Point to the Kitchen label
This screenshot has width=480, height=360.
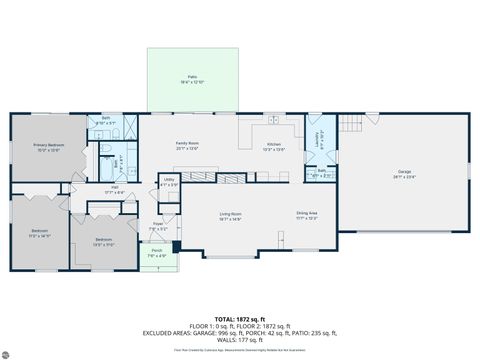274,147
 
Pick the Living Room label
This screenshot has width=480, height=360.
232,215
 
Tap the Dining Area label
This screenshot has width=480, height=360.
307,215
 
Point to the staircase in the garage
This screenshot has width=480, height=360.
348,129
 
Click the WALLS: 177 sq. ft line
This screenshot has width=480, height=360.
240,338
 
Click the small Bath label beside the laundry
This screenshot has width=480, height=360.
321,172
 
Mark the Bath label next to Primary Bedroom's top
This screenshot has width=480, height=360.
106,119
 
